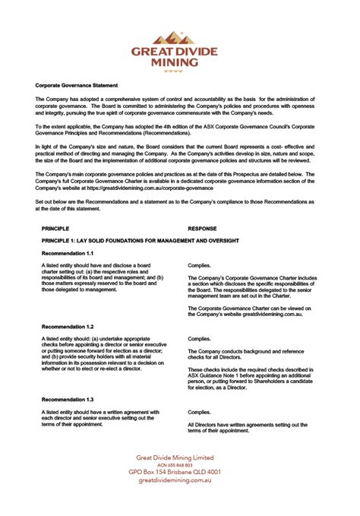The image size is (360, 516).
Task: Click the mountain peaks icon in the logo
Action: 179,36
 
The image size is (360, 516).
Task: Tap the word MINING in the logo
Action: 180,63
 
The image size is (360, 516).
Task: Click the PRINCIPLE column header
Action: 55,227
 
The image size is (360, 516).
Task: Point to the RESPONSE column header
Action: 201,227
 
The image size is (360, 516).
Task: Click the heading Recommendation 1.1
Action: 68,252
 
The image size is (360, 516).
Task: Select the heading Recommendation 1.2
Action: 68,325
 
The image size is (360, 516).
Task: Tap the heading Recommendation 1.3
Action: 68,399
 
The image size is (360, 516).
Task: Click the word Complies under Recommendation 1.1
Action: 199,265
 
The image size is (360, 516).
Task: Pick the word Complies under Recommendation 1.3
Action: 199,412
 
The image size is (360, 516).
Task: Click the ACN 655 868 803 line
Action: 179,464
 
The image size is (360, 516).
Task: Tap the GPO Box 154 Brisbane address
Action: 179,472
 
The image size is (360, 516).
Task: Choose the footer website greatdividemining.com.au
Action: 179,480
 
